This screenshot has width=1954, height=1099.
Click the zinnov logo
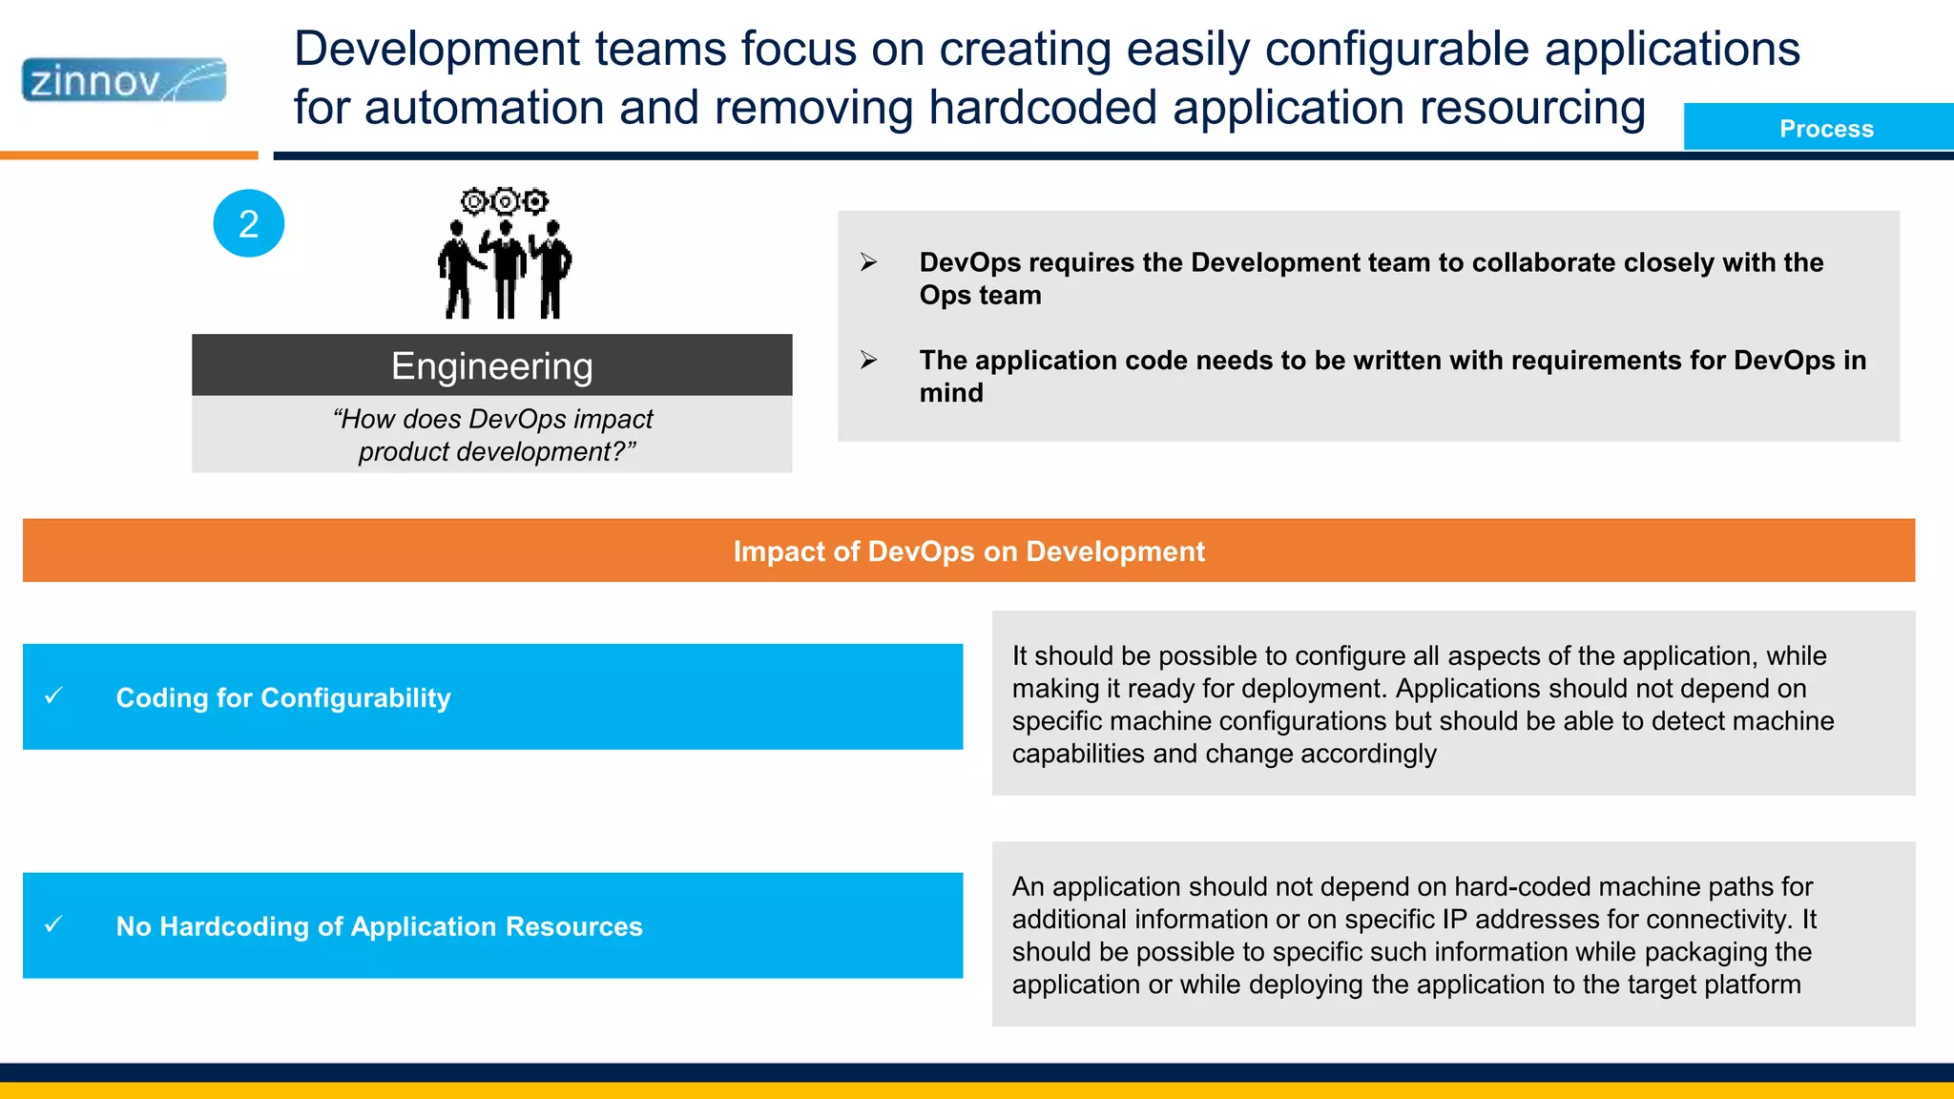124,80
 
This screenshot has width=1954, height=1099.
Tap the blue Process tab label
1825,129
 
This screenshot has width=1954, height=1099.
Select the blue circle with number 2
248,223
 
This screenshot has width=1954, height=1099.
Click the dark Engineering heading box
491,365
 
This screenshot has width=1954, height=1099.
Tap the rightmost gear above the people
536,201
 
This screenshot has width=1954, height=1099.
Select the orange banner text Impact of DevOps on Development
968,551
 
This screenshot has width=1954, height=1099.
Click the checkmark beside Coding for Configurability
54,696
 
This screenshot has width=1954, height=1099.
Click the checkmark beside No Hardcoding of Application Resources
54,924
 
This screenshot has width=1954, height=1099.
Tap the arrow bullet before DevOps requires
868,262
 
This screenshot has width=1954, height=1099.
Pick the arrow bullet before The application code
868,360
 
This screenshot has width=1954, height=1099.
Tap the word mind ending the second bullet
950,393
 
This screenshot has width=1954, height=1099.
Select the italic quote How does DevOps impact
492,419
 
